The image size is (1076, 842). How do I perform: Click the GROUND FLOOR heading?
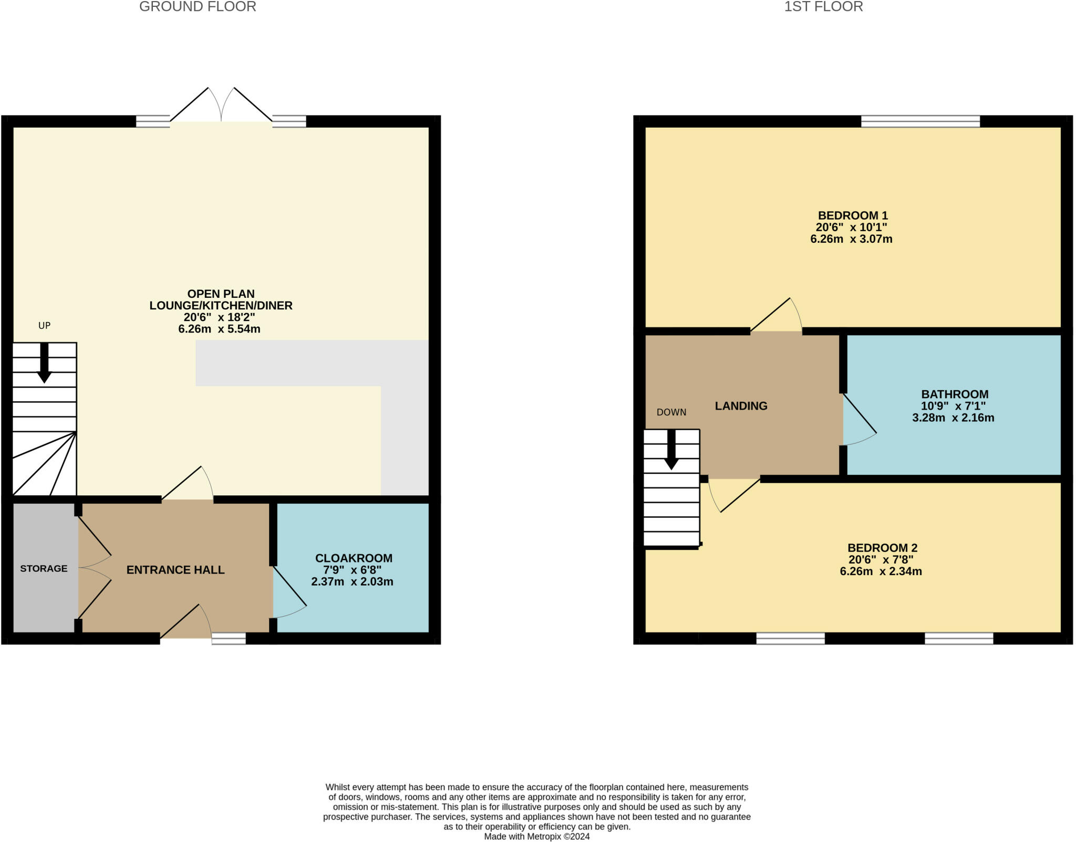[x=198, y=7]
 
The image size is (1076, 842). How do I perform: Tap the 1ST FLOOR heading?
[x=823, y=7]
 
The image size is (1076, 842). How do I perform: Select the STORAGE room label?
[x=44, y=568]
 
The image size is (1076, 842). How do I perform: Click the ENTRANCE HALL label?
[x=175, y=570]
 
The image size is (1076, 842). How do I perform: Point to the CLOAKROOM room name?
[x=354, y=558]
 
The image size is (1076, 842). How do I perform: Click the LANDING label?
[x=741, y=406]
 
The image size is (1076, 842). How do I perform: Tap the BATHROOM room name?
[x=955, y=394]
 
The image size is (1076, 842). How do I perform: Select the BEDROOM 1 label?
[x=853, y=215]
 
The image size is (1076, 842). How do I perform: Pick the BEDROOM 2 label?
[x=882, y=548]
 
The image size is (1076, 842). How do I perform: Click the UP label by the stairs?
[x=44, y=326]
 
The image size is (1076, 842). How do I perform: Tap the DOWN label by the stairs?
[x=671, y=412]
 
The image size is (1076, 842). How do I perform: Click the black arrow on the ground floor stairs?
[x=44, y=362]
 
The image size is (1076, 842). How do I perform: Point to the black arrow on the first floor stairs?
[x=671, y=450]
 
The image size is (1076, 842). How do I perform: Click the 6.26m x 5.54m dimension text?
[x=219, y=329]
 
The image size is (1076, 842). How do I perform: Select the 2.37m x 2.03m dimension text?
[x=352, y=581]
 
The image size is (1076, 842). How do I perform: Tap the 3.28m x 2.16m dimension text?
[x=953, y=418]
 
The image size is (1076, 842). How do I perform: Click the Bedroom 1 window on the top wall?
[x=920, y=121]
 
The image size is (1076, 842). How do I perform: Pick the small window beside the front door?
[x=229, y=638]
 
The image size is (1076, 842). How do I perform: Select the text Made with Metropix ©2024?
[x=537, y=836]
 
